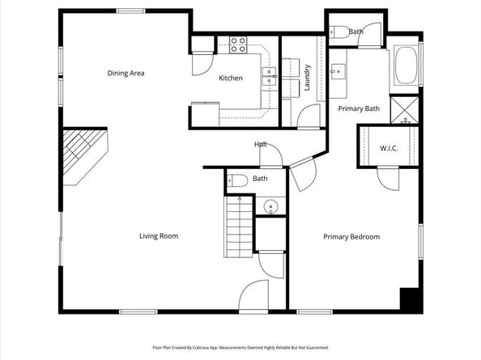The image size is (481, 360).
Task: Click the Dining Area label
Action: point(126,74)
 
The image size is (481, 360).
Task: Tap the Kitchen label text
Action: point(231,78)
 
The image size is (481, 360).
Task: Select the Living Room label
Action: point(158,236)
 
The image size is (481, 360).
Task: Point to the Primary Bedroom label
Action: point(351,237)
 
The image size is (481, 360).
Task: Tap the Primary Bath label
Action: point(359,108)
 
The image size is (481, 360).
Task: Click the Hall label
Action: point(261,144)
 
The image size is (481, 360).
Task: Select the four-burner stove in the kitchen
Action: point(237,45)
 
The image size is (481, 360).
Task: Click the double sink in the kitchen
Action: point(269,78)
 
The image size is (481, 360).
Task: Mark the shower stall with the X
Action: point(405,108)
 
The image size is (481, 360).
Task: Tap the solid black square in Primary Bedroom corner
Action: point(411,299)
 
